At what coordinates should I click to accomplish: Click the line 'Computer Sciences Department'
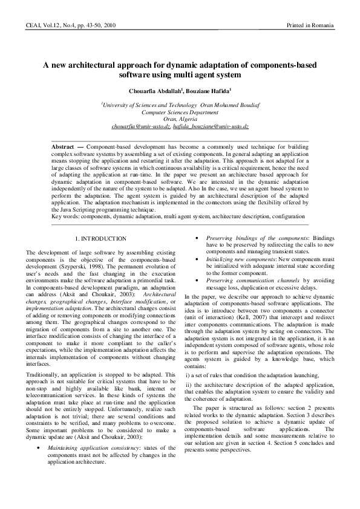(x=180, y=112)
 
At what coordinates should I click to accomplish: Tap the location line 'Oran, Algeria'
(x=180, y=119)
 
